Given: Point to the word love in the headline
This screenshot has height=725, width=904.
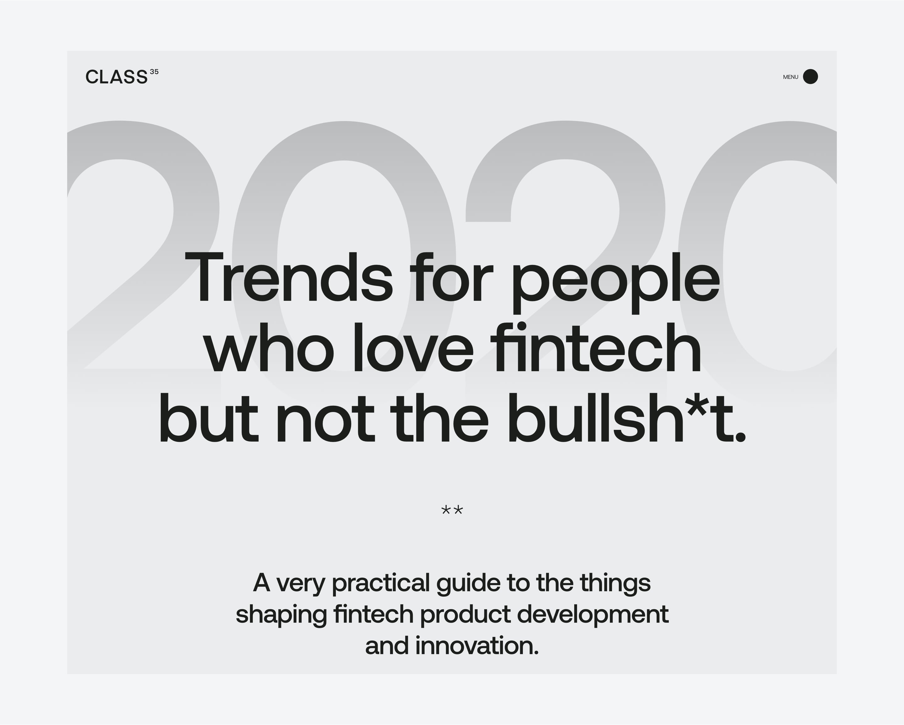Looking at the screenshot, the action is point(414,347).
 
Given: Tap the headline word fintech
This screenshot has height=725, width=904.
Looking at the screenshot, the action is point(596,347).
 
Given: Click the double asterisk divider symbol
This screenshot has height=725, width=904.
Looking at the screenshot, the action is point(452,511).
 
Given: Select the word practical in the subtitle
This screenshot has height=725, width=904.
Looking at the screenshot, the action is point(381,584).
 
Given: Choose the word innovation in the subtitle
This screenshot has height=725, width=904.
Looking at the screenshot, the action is point(477,645).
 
